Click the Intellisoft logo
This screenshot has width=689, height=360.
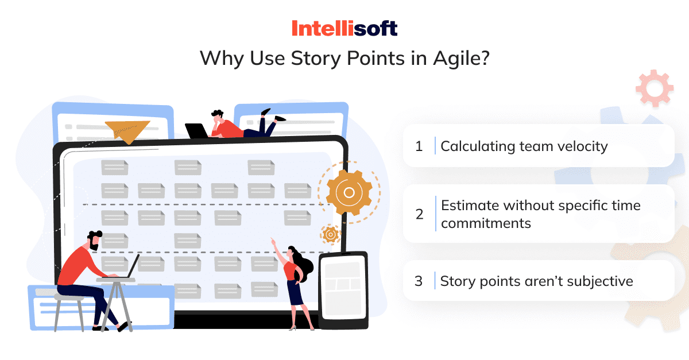344,28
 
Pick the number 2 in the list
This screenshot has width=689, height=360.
419,214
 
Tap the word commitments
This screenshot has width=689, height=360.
486,223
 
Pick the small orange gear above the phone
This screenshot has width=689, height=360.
330,234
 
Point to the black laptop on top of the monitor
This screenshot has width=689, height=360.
196,131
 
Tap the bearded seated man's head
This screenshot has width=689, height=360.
94,239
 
